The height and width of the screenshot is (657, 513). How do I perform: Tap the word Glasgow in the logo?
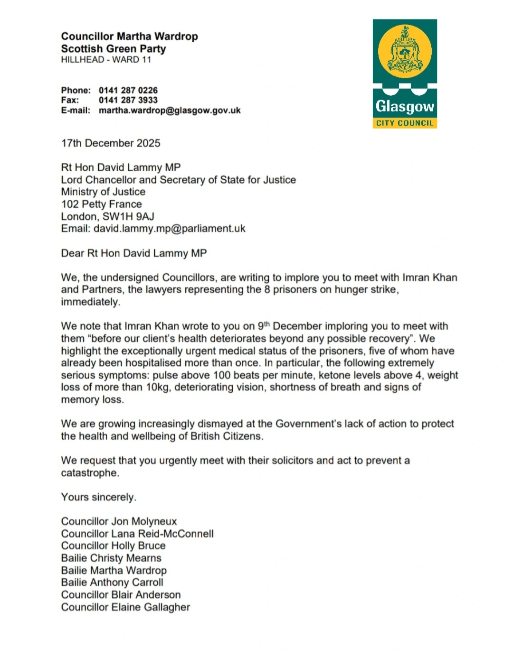click(405, 106)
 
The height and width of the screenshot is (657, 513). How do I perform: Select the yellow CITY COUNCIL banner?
click(405, 123)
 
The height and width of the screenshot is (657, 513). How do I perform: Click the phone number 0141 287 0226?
click(128, 90)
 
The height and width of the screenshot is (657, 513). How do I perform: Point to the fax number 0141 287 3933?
click(128, 100)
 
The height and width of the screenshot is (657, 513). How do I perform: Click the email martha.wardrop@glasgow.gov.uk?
click(170, 111)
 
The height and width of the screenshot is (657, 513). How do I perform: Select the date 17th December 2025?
click(111, 143)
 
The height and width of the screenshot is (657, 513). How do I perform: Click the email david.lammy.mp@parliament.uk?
click(169, 229)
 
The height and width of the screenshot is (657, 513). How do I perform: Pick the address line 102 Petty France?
click(101, 204)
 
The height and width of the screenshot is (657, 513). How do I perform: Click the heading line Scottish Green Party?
click(114, 49)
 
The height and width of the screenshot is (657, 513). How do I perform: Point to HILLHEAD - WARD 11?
click(106, 60)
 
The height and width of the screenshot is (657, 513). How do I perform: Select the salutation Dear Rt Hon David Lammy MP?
click(134, 253)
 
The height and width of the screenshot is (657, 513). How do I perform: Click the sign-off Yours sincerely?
click(98, 497)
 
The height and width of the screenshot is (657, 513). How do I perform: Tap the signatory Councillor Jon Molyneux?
click(119, 521)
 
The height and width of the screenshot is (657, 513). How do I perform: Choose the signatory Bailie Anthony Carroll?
click(112, 583)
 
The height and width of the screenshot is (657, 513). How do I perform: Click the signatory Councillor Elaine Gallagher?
click(125, 607)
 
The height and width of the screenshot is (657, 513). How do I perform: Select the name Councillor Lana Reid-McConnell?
click(137, 534)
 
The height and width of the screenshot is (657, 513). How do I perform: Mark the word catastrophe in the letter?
click(90, 473)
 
